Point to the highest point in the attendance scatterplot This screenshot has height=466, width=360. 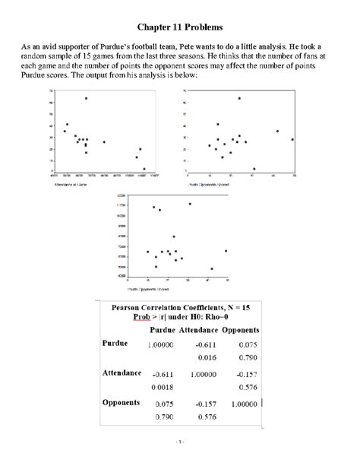point(86,98)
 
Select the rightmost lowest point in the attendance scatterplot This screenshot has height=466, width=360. point(144,170)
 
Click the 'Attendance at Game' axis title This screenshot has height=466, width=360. point(70,185)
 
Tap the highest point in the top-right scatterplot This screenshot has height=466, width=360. point(239,98)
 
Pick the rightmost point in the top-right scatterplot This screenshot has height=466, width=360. point(292,139)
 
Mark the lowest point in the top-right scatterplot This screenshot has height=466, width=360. point(254,169)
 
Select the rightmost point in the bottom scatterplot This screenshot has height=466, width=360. point(226,251)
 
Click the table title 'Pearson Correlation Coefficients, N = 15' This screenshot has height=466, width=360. point(181,308)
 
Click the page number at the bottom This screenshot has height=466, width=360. point(180,442)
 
